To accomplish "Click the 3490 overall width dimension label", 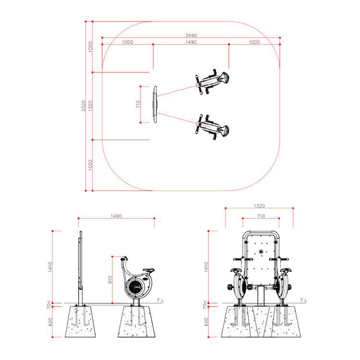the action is click(191, 36).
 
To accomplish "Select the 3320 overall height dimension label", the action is click(84, 106).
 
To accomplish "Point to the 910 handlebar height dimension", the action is click(110, 279).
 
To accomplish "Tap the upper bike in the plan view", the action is click(212, 82).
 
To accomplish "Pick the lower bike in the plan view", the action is click(212, 127).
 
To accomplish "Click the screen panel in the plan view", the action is click(156, 105).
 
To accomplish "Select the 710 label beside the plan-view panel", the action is click(138, 104).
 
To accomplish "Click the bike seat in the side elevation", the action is click(148, 270).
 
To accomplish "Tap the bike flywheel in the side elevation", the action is click(136, 287).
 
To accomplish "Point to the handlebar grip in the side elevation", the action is click(123, 259).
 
